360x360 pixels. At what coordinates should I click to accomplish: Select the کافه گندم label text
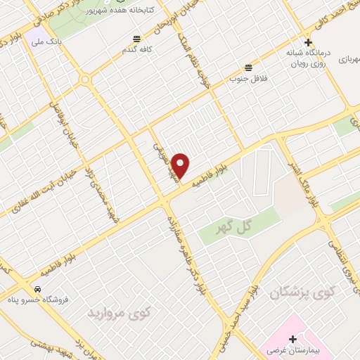[138, 49]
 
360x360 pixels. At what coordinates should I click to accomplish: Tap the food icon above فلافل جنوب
[248, 67]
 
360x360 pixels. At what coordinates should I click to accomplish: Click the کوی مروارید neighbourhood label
[115, 312]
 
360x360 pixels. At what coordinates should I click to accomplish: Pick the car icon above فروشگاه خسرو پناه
[37, 289]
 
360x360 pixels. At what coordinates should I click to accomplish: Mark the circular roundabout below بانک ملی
[84, 79]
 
